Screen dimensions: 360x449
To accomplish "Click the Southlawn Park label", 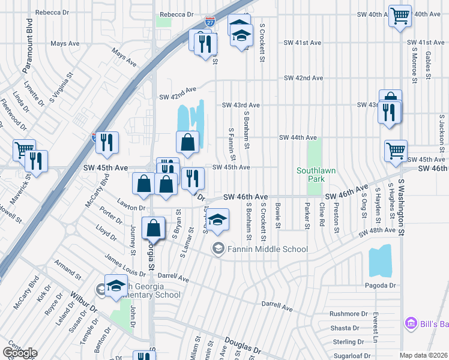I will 316,175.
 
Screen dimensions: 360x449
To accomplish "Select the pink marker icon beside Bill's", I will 411,324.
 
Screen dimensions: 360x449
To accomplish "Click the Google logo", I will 20,353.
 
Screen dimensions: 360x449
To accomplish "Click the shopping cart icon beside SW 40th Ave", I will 399,15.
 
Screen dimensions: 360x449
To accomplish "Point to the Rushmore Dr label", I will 349,314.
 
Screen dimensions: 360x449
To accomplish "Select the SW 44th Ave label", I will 298,137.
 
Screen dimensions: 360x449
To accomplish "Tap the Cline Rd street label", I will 322,215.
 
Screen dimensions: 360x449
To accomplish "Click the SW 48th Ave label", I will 378,231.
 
